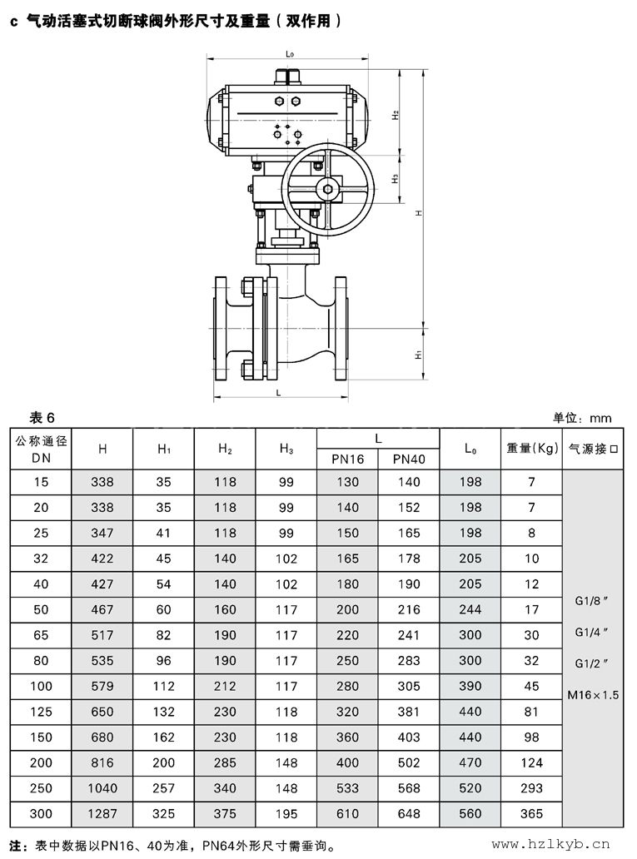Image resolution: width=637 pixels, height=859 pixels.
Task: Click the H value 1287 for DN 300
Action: pyautogui.click(x=102, y=813)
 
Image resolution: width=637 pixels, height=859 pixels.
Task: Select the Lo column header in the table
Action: pyautogui.click(x=470, y=449)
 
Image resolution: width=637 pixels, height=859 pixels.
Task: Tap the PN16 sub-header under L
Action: pyautogui.click(x=347, y=459)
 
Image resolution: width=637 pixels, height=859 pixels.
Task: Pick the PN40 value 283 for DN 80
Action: pyautogui.click(x=409, y=661)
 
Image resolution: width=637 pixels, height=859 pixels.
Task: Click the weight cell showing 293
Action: pyautogui.click(x=531, y=788)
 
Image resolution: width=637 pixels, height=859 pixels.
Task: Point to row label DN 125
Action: pyautogui.click(x=41, y=712)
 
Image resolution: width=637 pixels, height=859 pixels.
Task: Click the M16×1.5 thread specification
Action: pyautogui.click(x=593, y=695)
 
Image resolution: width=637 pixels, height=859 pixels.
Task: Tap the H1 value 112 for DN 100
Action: pyautogui.click(x=163, y=686)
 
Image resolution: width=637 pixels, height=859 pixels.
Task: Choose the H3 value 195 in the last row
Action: pyautogui.click(x=286, y=813)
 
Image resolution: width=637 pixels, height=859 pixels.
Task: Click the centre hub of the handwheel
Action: pyautogui.click(x=328, y=190)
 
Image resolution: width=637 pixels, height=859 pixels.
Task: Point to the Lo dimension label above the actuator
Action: pyautogui.click(x=290, y=53)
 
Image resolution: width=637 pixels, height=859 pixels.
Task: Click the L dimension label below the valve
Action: pyautogui.click(x=278, y=392)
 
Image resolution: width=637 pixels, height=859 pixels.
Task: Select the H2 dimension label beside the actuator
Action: pyautogui.click(x=396, y=115)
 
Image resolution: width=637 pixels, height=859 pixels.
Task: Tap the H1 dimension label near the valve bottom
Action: pyautogui.click(x=418, y=355)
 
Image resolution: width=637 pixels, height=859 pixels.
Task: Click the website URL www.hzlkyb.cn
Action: pyautogui.click(x=550, y=844)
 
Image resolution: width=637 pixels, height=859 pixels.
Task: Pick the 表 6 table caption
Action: pyautogui.click(x=42, y=418)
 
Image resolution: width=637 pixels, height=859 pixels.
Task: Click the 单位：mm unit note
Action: pyautogui.click(x=582, y=418)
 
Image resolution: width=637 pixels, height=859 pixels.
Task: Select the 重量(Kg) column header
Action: pyautogui.click(x=532, y=448)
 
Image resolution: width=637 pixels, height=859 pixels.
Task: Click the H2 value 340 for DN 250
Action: pyautogui.click(x=225, y=788)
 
